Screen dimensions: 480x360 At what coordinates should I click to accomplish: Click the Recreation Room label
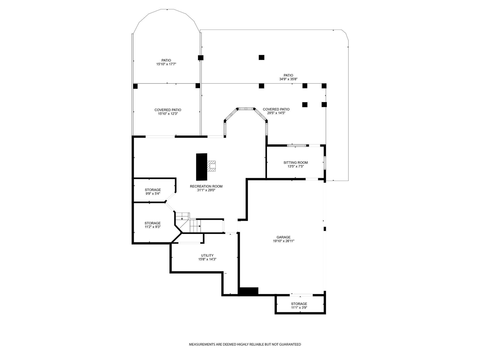(206, 186)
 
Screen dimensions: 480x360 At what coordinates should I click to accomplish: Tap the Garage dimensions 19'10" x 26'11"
(283, 241)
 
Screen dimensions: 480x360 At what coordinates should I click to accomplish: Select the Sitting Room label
(295, 162)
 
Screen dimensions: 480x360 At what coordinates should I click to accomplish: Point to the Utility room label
(207, 255)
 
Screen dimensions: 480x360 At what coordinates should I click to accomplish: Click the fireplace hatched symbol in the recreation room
(211, 166)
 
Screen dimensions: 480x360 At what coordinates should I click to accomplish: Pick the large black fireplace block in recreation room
(202, 167)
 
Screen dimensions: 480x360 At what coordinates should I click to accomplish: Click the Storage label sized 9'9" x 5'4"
(153, 190)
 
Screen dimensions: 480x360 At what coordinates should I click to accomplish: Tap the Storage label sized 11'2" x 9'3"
(152, 223)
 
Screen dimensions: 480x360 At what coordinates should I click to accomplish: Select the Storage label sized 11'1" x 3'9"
(299, 304)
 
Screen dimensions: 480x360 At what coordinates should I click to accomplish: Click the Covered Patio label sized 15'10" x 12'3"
(168, 110)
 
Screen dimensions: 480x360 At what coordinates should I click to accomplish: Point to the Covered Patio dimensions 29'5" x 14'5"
(276, 113)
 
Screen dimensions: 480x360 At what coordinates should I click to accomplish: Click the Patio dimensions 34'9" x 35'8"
(288, 79)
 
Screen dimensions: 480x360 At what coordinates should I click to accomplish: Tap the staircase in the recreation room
(189, 222)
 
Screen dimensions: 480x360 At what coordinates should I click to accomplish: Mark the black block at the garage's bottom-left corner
(249, 291)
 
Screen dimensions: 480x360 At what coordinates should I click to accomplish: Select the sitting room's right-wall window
(325, 162)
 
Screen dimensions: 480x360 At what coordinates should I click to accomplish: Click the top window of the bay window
(246, 109)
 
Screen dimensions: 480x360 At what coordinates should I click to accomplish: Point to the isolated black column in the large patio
(261, 57)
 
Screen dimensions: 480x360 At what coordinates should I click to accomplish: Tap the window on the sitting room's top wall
(297, 145)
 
